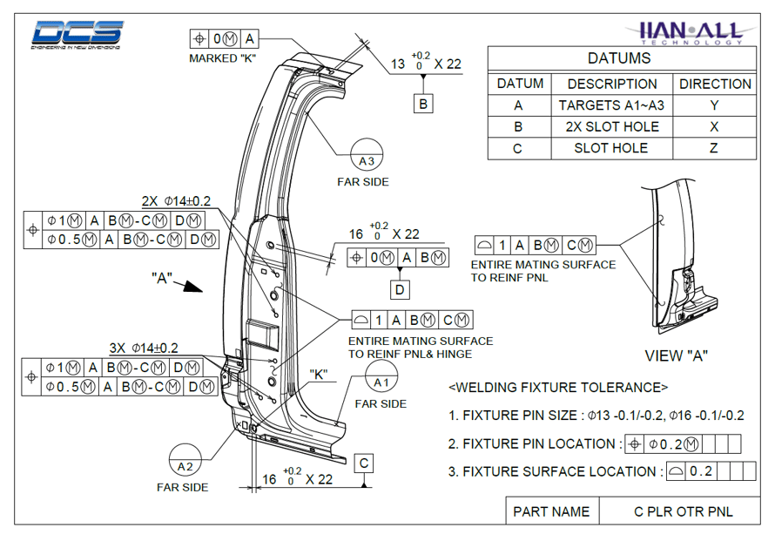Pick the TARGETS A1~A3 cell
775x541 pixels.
pyautogui.click(x=611, y=105)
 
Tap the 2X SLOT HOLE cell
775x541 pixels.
pyautogui.click(x=611, y=127)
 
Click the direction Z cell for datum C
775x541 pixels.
pyautogui.click(x=714, y=148)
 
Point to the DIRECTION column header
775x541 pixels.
pyautogui.click(x=714, y=85)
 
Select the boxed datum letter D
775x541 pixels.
pyautogui.click(x=399, y=288)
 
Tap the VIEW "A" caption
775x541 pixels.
pyautogui.click(x=676, y=355)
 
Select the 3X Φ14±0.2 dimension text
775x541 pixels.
pyautogui.click(x=144, y=348)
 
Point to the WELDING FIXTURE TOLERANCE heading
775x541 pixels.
pyautogui.click(x=557, y=387)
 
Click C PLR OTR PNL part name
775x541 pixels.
pyautogui.click(x=683, y=511)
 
